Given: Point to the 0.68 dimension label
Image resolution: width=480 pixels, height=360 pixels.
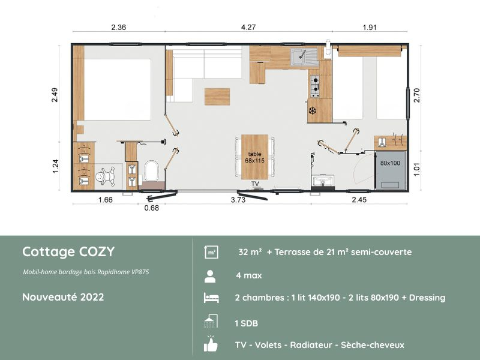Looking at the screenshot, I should (152, 208).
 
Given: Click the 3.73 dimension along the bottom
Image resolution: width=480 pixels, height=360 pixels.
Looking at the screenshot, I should (238, 200).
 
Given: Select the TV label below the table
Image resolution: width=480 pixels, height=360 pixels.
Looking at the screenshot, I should (255, 184).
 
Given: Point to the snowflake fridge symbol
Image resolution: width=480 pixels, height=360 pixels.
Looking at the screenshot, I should (312, 110).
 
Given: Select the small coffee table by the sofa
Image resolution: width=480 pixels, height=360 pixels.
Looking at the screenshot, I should (217, 96).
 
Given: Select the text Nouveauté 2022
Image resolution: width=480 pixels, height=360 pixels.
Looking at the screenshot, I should (63, 297).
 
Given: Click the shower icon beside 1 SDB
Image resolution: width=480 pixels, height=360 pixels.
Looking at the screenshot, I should (211, 322).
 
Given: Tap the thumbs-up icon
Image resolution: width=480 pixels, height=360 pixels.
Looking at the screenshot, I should (211, 344).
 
